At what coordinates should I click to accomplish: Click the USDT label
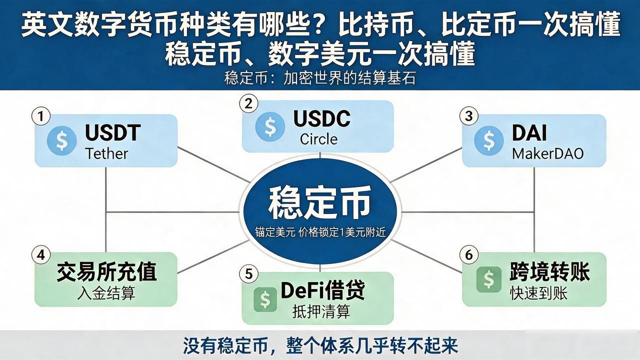113,132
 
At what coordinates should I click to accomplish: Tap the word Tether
106,153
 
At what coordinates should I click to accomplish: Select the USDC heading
321,118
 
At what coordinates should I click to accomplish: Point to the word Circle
318,139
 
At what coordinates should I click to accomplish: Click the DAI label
529,133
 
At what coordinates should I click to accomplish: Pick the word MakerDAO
547,154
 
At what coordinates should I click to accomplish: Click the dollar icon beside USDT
61,140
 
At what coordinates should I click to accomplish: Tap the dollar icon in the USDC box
270,126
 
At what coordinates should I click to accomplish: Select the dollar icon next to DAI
489,140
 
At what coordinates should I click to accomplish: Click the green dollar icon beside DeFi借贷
265,299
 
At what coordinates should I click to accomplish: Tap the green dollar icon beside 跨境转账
489,279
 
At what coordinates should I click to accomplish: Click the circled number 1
41,116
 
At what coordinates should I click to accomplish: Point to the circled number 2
248,103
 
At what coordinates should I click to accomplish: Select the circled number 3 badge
468,116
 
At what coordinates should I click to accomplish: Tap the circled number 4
41,254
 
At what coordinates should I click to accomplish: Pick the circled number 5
248,273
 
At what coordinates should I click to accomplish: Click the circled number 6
468,254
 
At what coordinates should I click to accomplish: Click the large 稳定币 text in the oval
319,202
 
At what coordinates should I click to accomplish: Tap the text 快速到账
538,293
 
